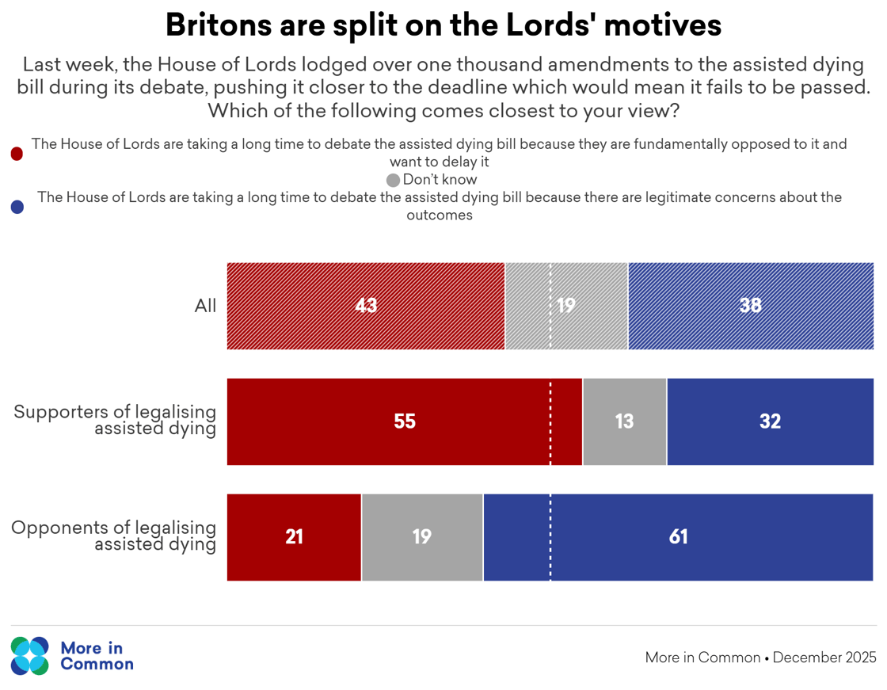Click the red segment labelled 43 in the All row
[365, 306]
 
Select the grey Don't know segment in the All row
[566, 306]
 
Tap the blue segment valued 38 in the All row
[751, 306]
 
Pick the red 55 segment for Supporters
[404, 421]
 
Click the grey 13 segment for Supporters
[625, 421]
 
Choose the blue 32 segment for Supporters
[770, 421]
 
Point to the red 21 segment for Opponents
[294, 537]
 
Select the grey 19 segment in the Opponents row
[421, 537]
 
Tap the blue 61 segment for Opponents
[678, 537]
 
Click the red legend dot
[17, 154]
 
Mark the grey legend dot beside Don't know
[394, 180]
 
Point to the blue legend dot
[17, 207]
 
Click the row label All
[205, 307]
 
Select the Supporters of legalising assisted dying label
[116, 421]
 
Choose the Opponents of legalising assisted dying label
[114, 536]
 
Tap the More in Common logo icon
[30, 656]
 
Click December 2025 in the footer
[824, 658]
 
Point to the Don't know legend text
[440, 180]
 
